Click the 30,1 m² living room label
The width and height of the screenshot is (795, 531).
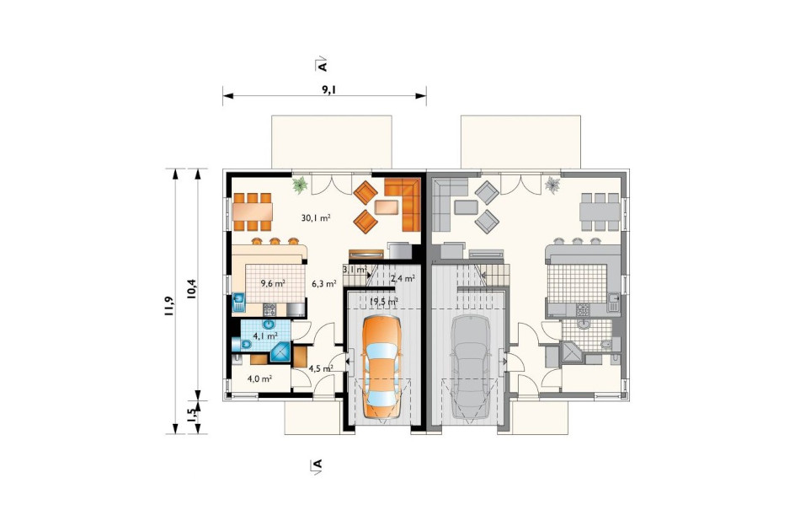316,217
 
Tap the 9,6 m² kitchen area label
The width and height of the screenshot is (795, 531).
272,283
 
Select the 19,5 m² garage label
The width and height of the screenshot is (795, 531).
384,302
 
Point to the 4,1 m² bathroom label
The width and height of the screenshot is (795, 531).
265,335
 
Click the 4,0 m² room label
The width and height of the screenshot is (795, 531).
259,378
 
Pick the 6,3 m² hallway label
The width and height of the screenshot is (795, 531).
324,284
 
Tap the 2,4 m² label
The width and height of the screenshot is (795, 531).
403,277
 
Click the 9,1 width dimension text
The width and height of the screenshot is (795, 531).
329,90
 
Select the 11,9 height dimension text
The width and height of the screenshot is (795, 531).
169,306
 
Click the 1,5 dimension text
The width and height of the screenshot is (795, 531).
192,416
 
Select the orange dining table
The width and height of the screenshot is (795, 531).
253,212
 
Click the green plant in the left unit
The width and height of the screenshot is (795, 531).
300,185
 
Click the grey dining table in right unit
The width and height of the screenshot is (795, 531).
600,212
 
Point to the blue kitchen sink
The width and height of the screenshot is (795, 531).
238,303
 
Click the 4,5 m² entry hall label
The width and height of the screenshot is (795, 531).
320,368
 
